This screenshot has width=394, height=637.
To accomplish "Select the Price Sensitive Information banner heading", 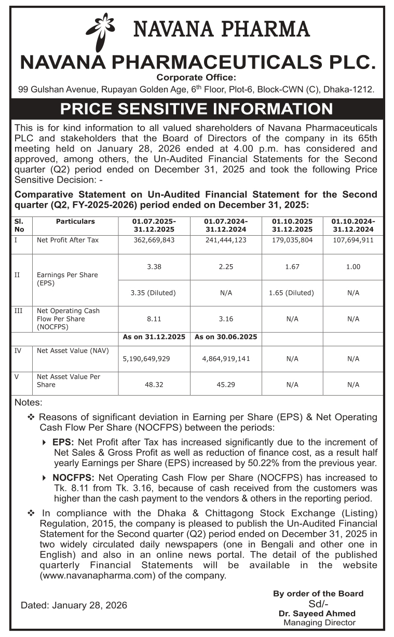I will (197, 109).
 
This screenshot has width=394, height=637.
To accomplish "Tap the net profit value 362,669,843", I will (154, 240).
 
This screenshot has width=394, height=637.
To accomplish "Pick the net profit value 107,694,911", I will (353, 240).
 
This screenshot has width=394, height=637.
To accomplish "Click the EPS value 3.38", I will (154, 267).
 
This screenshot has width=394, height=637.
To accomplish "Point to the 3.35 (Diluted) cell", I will (154, 293).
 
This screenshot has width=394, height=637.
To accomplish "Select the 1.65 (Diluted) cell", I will (292, 293).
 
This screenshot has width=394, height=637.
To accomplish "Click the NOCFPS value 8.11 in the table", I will (154, 319).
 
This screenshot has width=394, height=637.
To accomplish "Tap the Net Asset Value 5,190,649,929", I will (154, 358).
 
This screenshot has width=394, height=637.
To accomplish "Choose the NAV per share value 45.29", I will (226, 385).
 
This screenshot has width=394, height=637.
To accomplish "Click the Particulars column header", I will (75, 222).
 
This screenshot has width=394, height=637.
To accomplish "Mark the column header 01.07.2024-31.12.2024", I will (226, 225).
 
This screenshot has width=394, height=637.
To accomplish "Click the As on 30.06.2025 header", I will (226, 337).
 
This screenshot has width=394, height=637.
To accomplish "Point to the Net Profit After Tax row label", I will (68, 240).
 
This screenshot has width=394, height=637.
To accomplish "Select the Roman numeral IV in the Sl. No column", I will (18, 350).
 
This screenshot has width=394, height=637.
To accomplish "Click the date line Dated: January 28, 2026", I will (74, 605).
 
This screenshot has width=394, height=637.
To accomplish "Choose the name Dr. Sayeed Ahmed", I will (317, 614).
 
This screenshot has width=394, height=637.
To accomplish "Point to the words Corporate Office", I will (196, 78).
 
